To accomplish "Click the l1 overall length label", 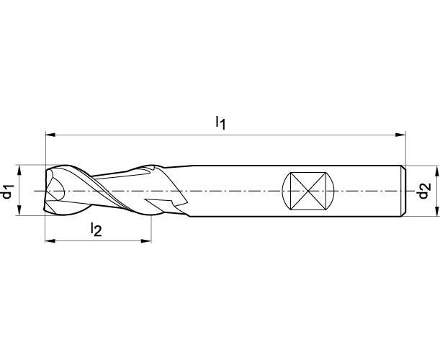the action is tap(220, 122).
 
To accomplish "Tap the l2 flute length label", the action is tap(96, 229).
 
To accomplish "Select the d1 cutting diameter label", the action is tap(8, 191).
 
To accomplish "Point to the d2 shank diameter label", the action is tap(424, 191).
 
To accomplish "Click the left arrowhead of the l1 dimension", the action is tap(50, 135).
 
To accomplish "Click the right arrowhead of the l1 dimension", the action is tap(400, 135).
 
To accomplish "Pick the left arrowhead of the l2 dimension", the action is tap(50, 240).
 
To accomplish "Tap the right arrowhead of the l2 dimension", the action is tap(146, 240).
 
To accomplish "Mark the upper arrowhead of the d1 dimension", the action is tap(19, 170).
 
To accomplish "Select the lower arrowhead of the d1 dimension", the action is tap(19, 210).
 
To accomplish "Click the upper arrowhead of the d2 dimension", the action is tap(436, 171).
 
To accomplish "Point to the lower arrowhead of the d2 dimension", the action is tap(436, 211).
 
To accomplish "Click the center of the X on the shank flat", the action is tap(308, 191).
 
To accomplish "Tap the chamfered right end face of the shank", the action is tap(403, 191).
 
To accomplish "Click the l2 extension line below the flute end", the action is tap(151, 229).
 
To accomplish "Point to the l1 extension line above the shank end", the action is tap(405, 148).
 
